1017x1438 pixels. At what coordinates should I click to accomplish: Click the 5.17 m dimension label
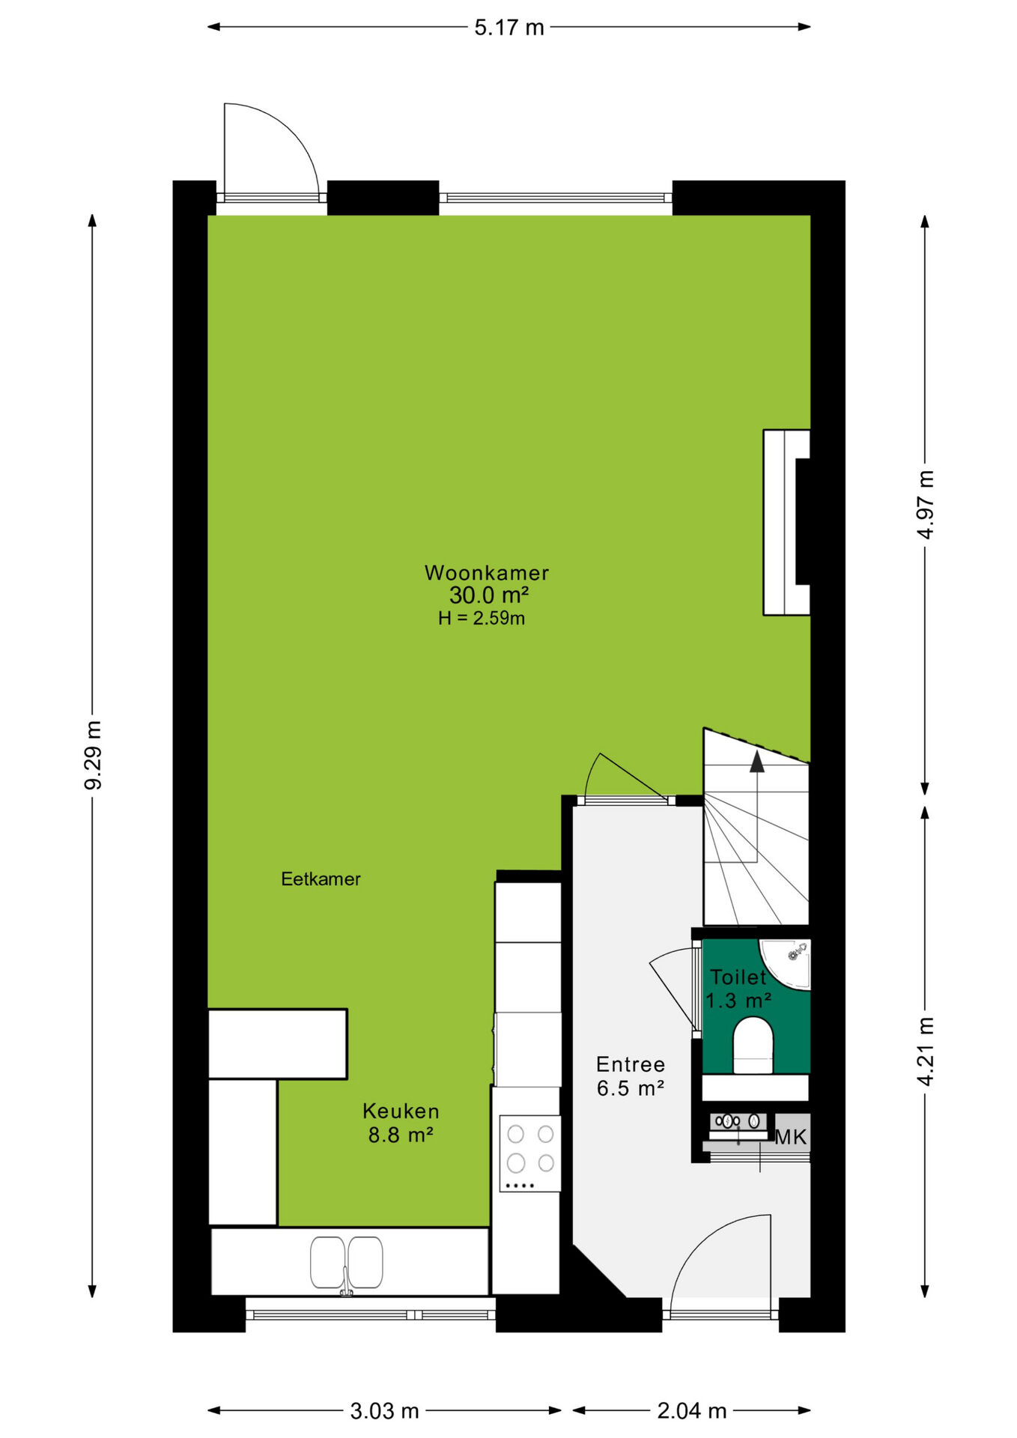click(x=509, y=28)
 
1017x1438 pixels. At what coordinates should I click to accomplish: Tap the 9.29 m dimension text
click(x=94, y=755)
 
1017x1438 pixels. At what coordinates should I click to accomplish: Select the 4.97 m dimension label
click(x=926, y=504)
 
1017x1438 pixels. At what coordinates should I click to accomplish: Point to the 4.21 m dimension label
click(x=926, y=1051)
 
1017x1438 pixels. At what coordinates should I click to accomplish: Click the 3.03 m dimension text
click(x=384, y=1411)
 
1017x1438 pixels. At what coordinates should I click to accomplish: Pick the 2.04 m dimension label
click(x=692, y=1411)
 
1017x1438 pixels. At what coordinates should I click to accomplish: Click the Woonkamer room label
click(x=487, y=573)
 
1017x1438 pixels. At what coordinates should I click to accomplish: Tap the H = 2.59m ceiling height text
click(x=482, y=618)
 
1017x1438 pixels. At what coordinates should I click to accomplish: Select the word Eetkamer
click(x=321, y=879)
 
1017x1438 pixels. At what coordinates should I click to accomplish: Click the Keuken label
click(x=401, y=1111)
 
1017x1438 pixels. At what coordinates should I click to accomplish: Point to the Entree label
click(x=631, y=1064)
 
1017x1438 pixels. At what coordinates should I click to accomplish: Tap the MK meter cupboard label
click(x=791, y=1137)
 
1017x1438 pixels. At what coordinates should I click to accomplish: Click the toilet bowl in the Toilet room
click(x=753, y=1046)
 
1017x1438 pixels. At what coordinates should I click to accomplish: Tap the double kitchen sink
click(x=347, y=1263)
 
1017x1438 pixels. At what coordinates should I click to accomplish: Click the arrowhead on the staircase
click(x=757, y=762)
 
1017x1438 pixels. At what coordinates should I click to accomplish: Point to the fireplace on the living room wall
click(x=787, y=522)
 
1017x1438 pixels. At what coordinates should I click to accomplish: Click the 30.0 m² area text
click(x=489, y=595)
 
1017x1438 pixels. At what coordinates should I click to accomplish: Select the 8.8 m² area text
click(x=401, y=1135)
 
